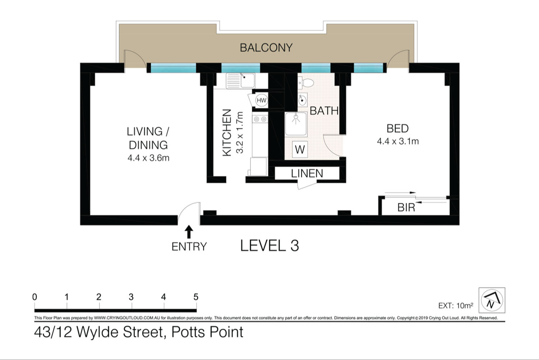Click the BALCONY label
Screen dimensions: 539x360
coord(266,48)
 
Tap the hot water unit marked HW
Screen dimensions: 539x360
coord(261,100)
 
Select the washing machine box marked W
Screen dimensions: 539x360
coord(300,150)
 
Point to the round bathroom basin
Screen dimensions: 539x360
coord(303,100)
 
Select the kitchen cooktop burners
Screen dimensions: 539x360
coord(260,119)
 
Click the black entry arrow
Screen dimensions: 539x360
coord(189,232)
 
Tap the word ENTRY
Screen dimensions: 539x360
coord(189,247)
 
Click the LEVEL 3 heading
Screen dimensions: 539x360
coord(269,246)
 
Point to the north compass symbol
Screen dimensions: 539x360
coord(492,300)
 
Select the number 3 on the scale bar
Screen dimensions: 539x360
coord(131,297)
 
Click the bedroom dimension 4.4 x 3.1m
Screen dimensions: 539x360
coord(398,141)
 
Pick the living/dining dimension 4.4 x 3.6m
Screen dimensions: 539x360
coord(148,158)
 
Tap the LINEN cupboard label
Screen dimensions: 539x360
coord(307,173)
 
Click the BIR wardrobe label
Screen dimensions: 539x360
coord(406,207)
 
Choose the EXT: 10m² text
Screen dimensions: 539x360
coord(456,305)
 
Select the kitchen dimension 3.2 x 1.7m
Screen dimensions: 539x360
coord(240,132)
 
